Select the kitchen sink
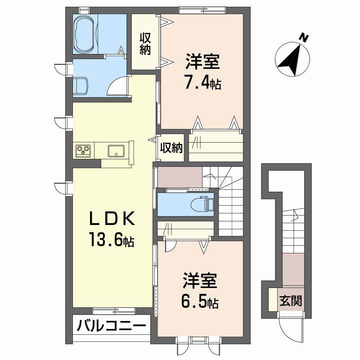[x=117, y=151]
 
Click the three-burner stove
[x=83, y=151]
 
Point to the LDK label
[x=112, y=219]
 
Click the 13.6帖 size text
[x=112, y=239]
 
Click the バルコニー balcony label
[x=111, y=326]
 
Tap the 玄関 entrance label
[x=291, y=300]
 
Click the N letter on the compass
[x=305, y=37]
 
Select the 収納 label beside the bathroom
[x=145, y=44]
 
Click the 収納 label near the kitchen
[x=171, y=148]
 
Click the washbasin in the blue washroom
[x=81, y=86]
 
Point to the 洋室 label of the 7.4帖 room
[x=203, y=61]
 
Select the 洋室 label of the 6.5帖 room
[x=200, y=280]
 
